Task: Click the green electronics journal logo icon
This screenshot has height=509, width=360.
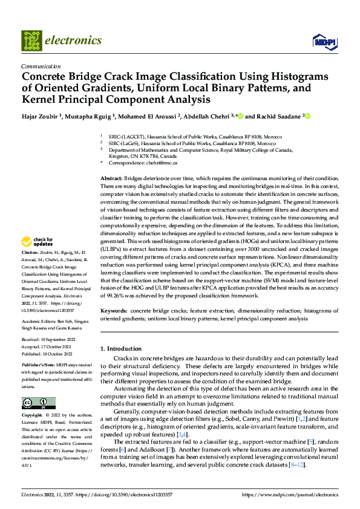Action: [x=31, y=41]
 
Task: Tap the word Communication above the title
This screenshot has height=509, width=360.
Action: [x=41, y=66]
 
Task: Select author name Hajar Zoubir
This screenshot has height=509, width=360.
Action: [x=41, y=116]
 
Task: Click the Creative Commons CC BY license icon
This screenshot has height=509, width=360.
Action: [x=38, y=403]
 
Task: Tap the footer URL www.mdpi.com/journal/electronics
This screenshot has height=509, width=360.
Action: [x=290, y=494]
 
